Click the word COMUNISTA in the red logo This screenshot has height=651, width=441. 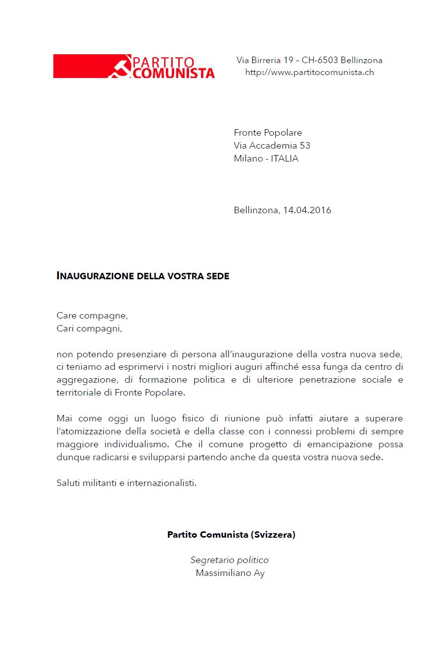coord(174,73)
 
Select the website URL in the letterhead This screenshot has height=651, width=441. coord(309,73)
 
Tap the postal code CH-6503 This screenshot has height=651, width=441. coord(320,60)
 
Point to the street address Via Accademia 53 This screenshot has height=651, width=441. coord(272,146)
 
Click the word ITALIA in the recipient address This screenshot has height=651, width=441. coord(285,159)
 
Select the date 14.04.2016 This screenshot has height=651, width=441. coord(307,210)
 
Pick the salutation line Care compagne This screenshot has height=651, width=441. coord(92,316)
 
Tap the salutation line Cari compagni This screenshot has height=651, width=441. coord(89,328)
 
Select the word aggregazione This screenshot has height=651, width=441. coord(84,380)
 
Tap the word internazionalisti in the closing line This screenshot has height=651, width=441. coord(161,483)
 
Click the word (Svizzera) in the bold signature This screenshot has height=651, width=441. coord(273,535)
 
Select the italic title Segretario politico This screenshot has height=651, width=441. coord(229,560)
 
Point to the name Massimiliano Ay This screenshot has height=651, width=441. coord(230,573)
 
